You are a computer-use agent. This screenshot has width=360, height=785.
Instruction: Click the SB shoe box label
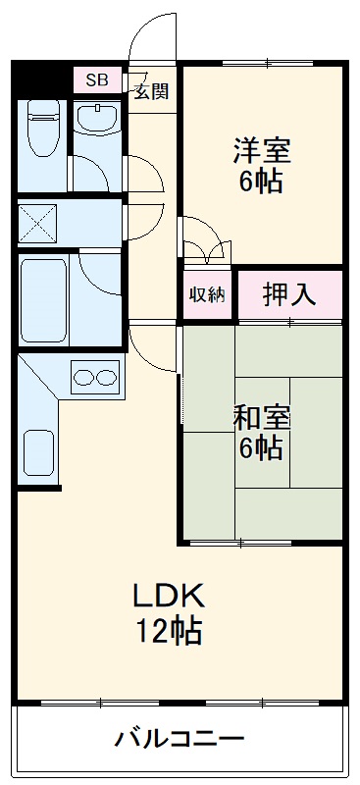[97, 79]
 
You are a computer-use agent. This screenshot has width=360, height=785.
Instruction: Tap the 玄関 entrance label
[151, 93]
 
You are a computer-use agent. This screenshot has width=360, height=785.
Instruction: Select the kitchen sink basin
[38, 456]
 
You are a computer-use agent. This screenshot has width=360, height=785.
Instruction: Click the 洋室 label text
[262, 151]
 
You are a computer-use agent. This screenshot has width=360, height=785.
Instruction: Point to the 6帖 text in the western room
[262, 183]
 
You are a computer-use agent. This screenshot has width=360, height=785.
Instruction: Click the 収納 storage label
[206, 294]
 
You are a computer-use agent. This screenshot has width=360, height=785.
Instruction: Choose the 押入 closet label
[288, 294]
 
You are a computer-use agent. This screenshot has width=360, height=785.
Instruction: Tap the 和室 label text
[262, 417]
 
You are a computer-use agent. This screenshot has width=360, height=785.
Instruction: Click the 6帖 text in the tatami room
[262, 448]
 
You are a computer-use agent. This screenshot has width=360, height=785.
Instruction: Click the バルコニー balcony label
[179, 738]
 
